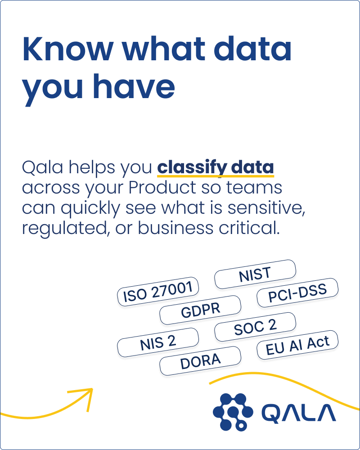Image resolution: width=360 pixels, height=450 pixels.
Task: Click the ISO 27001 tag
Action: coord(158,292)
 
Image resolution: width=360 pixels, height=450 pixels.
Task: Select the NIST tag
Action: coord(255,274)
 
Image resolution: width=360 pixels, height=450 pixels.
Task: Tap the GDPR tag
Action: coord(200,310)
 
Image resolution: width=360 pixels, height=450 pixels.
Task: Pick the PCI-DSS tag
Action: coord(297,293)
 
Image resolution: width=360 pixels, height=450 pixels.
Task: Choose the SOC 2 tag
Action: coord(255,327)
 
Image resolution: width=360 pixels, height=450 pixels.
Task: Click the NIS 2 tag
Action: coord(158,342)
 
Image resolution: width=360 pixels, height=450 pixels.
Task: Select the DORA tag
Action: coord(200,361)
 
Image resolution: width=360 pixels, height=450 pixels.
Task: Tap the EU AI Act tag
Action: coord(297,345)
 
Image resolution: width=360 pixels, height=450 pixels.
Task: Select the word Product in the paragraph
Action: coord(162,188)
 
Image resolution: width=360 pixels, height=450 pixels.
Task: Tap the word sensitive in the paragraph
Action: coord(266,208)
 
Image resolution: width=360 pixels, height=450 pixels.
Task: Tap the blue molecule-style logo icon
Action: coord(233,412)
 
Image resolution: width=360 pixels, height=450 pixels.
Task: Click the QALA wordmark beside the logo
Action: coord(298,413)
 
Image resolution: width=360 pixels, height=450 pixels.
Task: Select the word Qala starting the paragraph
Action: coord(42,167)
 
